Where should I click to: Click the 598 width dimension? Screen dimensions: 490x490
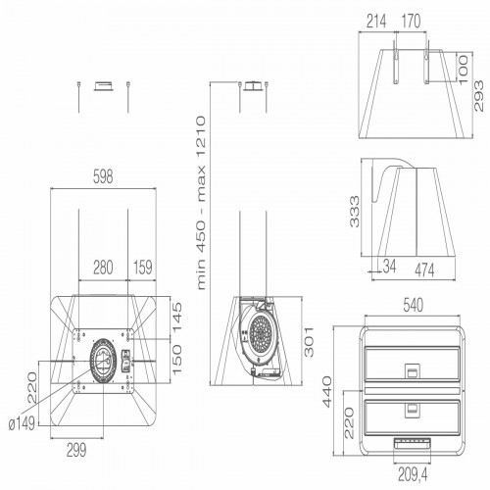point(102,177)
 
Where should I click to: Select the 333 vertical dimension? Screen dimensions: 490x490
point(355,212)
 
